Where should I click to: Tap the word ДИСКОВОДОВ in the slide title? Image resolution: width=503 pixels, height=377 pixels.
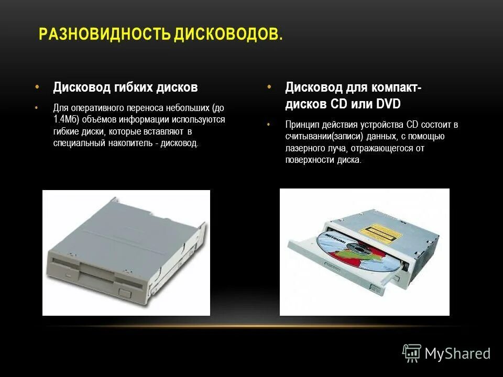coord(227,35)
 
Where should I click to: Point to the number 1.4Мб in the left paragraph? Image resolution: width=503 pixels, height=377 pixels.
coord(66,119)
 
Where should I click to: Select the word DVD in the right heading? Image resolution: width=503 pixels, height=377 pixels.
coord(388,104)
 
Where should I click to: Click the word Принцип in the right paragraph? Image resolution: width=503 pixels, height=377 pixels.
coord(301,125)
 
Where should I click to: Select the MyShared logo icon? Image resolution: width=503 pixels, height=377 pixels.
coord(412,353)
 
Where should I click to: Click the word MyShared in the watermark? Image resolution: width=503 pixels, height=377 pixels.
coord(457,354)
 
